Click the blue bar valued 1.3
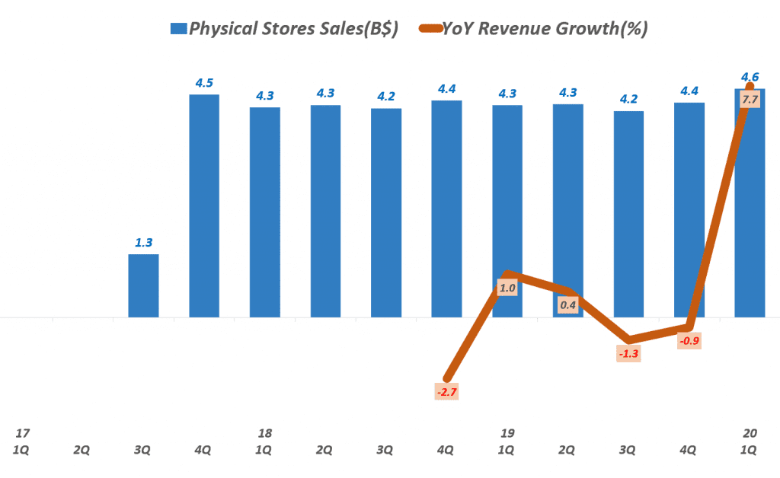(143, 285)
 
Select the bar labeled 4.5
(204, 206)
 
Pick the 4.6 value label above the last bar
(750, 77)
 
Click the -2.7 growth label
(446, 393)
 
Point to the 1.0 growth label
(507, 288)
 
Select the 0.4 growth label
(567, 305)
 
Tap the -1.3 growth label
(628, 354)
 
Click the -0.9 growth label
(689, 341)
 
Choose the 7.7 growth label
(750, 100)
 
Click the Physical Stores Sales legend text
(293, 29)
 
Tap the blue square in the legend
(177, 29)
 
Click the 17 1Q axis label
(21, 441)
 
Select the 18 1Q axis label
(264, 441)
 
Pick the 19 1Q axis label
(507, 441)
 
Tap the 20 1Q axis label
(750, 441)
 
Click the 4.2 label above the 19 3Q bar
(628, 99)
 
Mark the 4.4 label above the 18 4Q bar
(446, 89)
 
